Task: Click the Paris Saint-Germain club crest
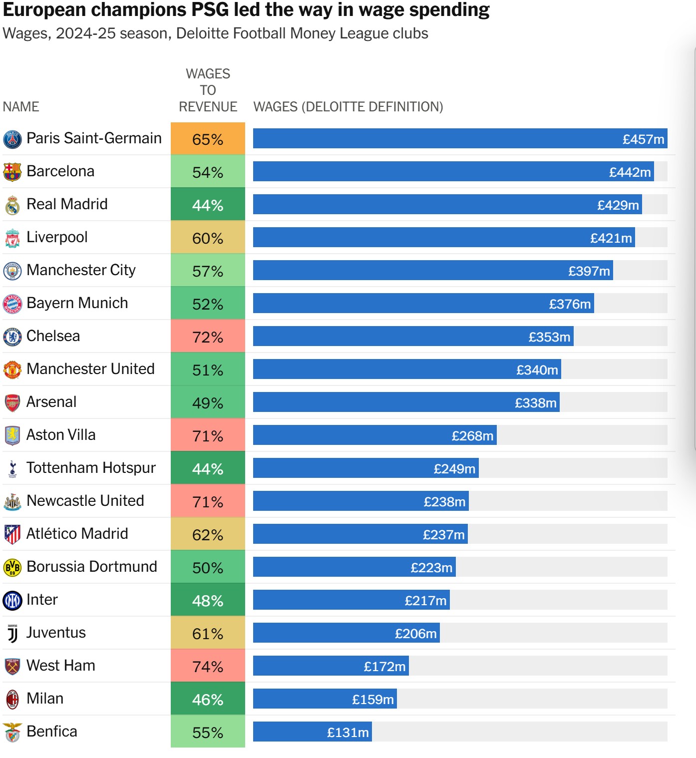click(12, 139)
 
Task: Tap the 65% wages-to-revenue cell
click(208, 139)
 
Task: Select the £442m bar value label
click(630, 172)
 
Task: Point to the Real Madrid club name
click(67, 204)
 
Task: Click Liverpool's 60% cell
click(208, 238)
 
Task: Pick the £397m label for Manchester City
click(589, 271)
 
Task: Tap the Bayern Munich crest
click(12, 304)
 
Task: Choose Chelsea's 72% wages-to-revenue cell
click(208, 337)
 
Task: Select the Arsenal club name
click(51, 402)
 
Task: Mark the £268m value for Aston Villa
click(472, 436)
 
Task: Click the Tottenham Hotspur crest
click(12, 468)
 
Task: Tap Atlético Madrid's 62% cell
click(208, 534)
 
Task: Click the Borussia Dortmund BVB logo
click(12, 567)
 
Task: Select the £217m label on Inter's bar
click(425, 601)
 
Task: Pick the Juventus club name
click(56, 633)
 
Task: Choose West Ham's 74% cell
click(208, 666)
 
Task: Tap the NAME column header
click(21, 107)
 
